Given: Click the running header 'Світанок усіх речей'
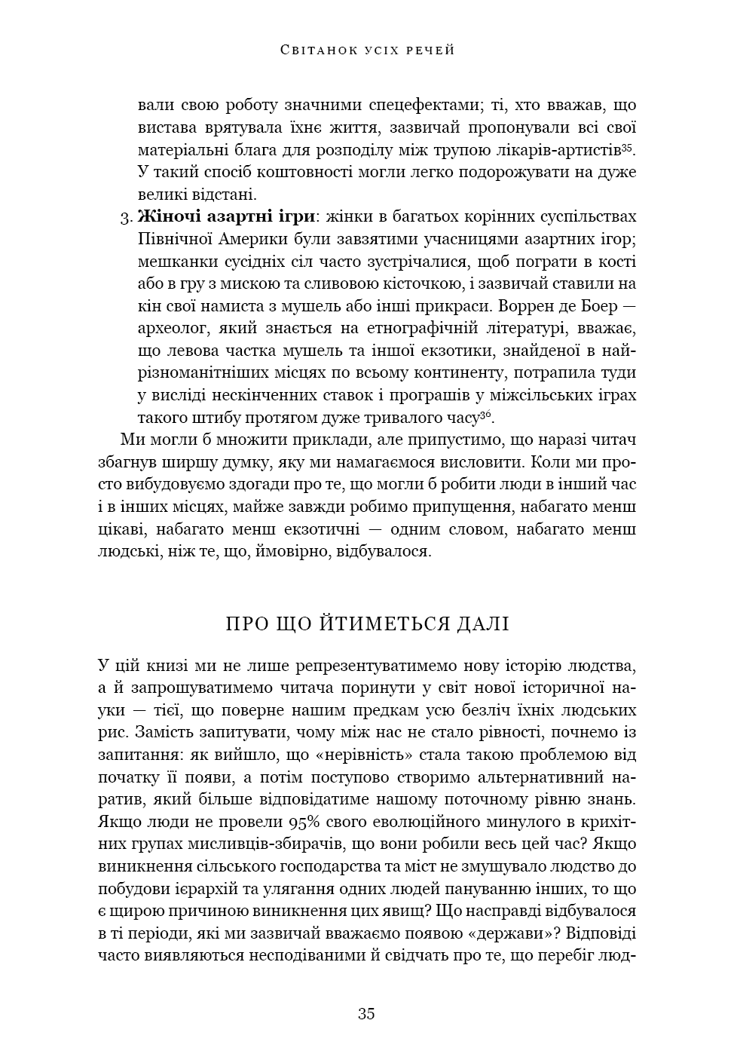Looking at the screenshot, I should (x=367, y=51).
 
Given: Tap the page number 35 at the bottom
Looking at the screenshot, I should (x=366, y=1013).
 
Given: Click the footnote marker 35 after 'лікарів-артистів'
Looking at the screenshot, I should (x=628, y=146).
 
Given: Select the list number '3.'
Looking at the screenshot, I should (x=126, y=218).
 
